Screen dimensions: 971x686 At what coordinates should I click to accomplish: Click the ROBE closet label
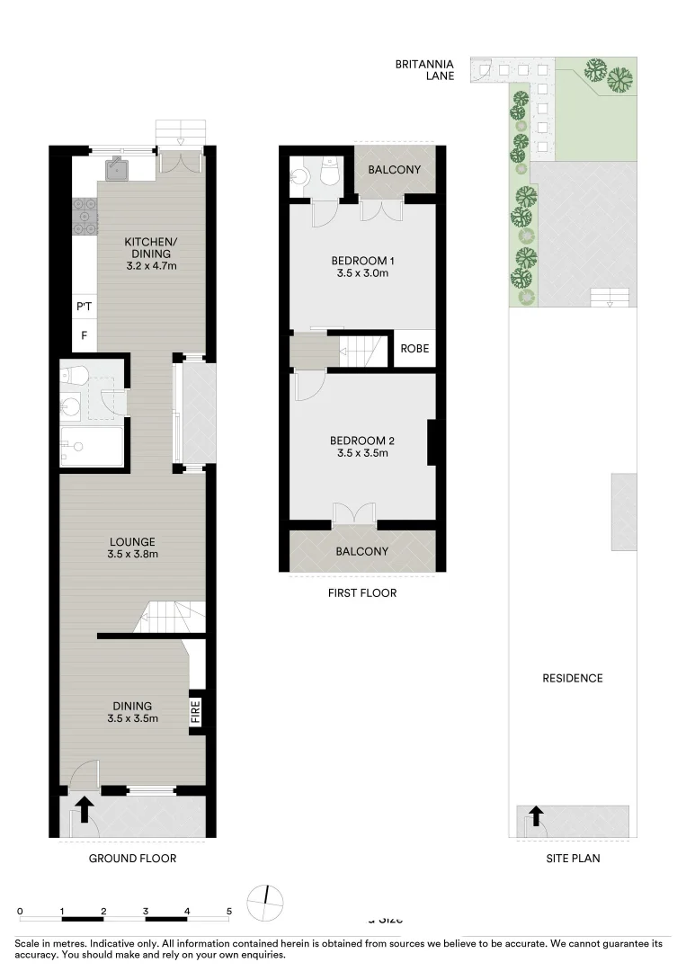coord(414,349)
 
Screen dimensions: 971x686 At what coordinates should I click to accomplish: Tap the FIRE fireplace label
coord(196,714)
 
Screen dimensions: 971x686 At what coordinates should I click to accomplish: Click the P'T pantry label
coord(85,307)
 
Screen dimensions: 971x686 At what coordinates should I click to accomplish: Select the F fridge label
coord(85,336)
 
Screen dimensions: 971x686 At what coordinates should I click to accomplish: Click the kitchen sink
coord(118,167)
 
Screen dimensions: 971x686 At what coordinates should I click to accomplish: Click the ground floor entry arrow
coord(85,809)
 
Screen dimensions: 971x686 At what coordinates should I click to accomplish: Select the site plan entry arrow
coord(536,816)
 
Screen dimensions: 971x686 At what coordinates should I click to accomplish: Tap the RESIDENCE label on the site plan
coord(572,678)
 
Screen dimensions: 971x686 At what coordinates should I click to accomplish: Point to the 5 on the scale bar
coord(229,911)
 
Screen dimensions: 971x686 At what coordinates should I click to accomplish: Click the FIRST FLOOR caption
coord(362,592)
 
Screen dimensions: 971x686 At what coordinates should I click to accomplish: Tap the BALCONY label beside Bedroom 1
coord(394,170)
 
